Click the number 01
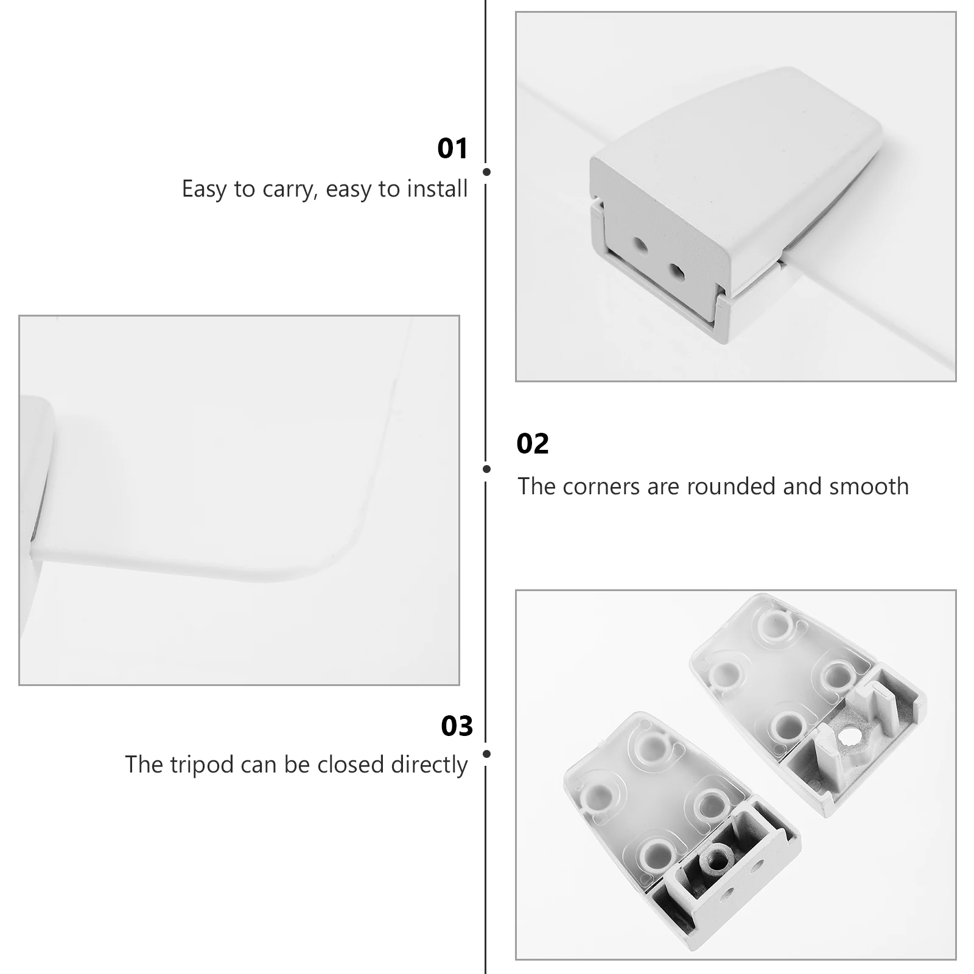click(452, 149)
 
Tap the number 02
click(533, 444)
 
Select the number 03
click(457, 726)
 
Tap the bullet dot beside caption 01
click(486, 172)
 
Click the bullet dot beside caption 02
click(486, 469)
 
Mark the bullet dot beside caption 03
click(486, 754)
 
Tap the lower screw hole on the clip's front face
click(675, 270)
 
